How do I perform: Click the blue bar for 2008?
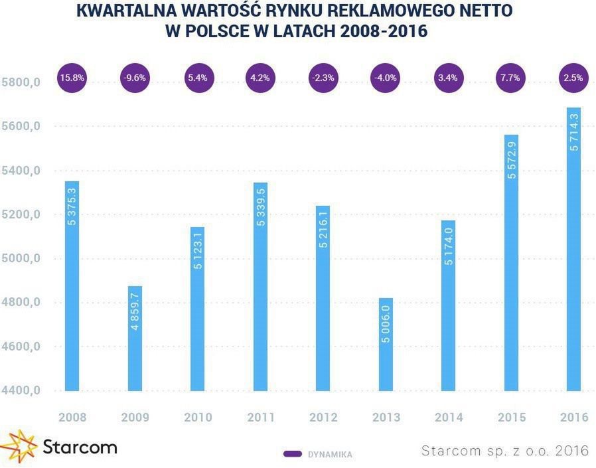click(72, 285)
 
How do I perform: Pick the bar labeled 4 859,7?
click(135, 339)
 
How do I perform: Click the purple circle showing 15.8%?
click(72, 78)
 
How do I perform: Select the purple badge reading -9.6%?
click(135, 78)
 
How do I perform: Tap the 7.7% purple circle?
click(511, 78)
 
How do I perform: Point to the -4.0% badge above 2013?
click(386, 78)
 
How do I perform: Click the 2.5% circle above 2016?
click(573, 78)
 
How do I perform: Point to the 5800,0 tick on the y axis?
click(22, 82)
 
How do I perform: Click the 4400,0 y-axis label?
click(22, 391)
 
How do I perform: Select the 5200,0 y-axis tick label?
click(22, 214)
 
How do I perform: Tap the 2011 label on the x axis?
click(260, 418)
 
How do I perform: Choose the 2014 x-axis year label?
click(449, 418)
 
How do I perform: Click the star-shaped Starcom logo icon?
click(19, 446)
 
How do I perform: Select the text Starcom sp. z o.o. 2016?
click(504, 451)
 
